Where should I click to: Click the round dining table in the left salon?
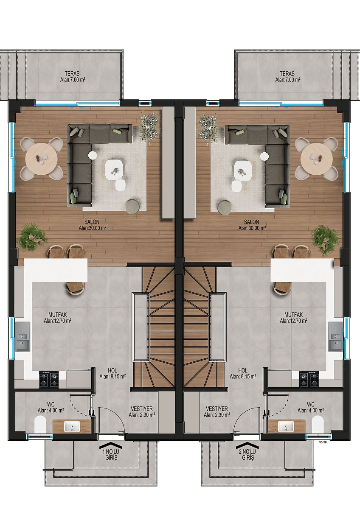[41, 159]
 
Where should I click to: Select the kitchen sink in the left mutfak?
[22, 336]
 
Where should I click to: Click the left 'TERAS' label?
[72, 74]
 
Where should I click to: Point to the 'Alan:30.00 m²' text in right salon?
[252, 228]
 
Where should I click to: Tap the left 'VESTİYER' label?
[142, 409]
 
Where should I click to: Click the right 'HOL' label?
[243, 371]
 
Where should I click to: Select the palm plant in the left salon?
[32, 236]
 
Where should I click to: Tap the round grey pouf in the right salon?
[225, 207]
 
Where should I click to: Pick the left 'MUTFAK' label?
[58, 315]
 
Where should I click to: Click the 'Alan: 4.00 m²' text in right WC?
[311, 411]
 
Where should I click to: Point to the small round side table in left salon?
[92, 155]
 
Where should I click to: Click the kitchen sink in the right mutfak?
[335, 336]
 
